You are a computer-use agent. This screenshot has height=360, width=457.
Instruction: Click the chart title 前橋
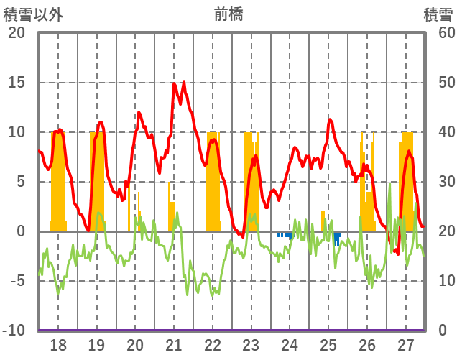click(x=228, y=14)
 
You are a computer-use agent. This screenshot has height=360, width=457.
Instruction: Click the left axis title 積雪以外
click(x=33, y=14)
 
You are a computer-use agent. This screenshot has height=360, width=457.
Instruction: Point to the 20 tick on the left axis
click(x=17, y=33)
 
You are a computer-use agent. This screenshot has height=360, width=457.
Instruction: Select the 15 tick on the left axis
click(x=17, y=83)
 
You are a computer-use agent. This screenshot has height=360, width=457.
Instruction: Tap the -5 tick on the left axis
click(x=17, y=281)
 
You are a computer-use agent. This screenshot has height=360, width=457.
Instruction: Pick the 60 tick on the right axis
click(x=439, y=33)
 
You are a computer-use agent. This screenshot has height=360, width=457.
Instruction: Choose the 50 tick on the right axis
click(x=439, y=83)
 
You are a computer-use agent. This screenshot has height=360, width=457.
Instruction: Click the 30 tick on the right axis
click(x=439, y=182)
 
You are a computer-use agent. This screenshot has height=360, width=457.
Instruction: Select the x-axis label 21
click(x=174, y=345)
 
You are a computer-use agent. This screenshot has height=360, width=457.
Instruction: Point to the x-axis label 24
click(x=290, y=345)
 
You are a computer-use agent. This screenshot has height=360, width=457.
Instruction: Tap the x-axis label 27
click(x=405, y=345)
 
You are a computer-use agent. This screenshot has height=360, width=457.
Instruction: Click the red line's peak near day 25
click(x=330, y=119)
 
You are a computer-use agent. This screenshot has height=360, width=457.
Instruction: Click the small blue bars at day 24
click(x=288, y=234)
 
